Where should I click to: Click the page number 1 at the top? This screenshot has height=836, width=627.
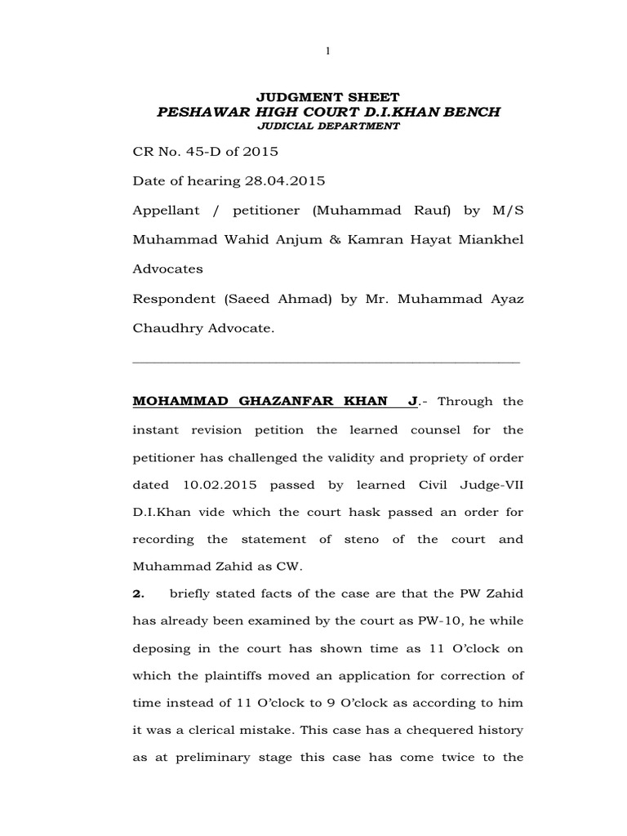coord(327,51)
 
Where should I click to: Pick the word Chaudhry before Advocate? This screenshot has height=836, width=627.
coord(167,327)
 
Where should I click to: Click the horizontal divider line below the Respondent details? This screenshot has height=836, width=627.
coord(326,360)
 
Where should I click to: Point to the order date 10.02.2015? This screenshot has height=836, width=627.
coord(216,484)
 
